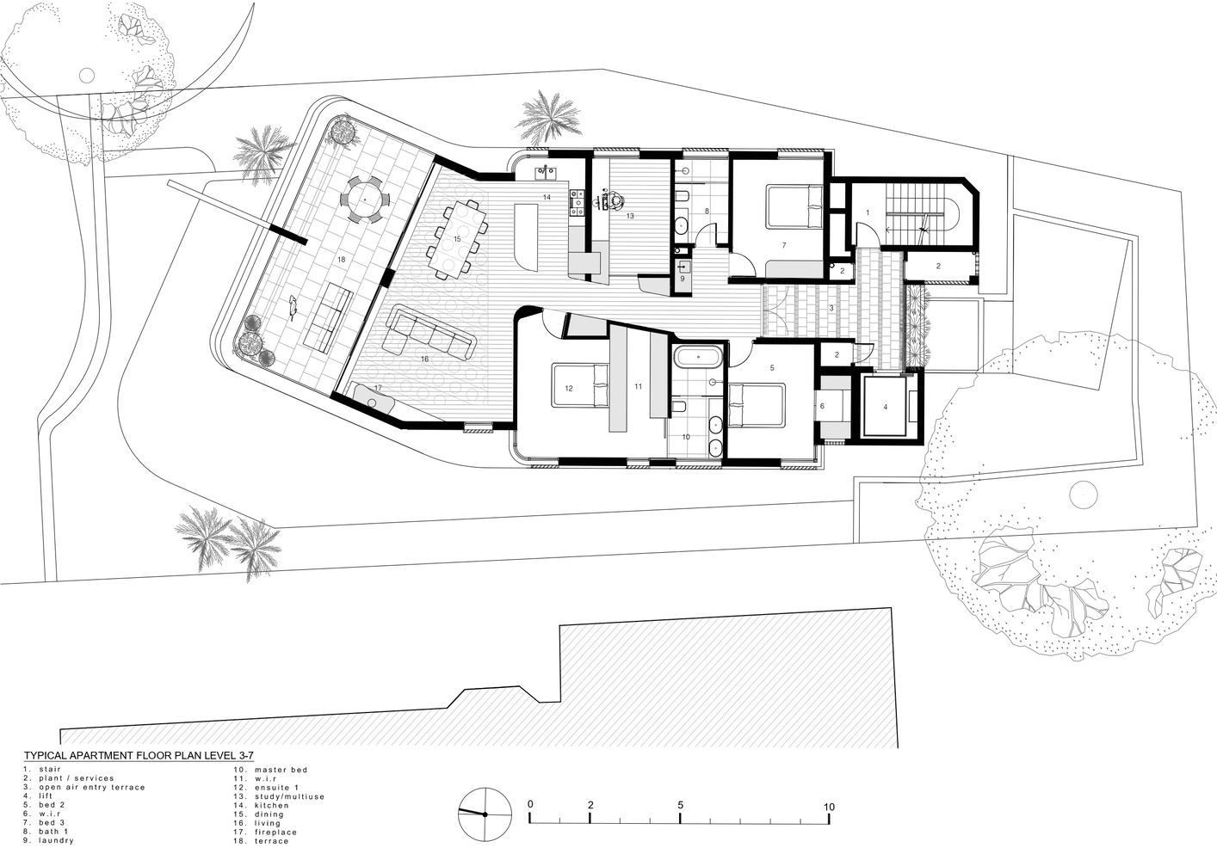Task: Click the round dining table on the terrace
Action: pos(365,200)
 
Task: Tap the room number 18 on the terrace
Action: pos(341,260)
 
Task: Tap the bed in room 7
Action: pos(795,207)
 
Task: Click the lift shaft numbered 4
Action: pos(885,407)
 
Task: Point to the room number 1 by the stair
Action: pos(868,212)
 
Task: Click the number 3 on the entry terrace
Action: pos(831,309)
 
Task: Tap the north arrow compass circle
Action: pos(485,814)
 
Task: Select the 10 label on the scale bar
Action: pos(829,808)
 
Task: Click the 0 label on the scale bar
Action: pos(530,804)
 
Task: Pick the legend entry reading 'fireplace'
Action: pos(275,832)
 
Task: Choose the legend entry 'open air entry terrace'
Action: pos(92,787)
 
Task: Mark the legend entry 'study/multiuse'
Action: pos(289,796)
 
